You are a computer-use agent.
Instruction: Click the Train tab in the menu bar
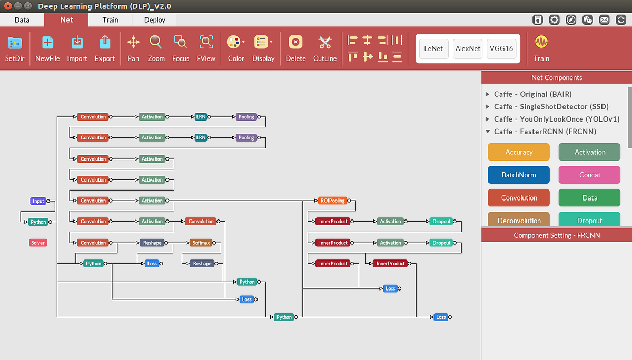(110, 20)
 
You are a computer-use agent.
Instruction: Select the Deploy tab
(154, 20)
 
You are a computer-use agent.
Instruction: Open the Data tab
(22, 20)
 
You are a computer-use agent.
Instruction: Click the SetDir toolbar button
(15, 48)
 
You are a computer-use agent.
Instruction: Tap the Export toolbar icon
(105, 48)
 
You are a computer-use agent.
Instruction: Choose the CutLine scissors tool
(325, 48)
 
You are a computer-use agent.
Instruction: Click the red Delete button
(295, 48)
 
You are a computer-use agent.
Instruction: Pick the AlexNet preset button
(468, 48)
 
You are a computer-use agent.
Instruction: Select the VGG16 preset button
(501, 48)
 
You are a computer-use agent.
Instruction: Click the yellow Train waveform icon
(541, 48)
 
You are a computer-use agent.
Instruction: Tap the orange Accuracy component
(519, 152)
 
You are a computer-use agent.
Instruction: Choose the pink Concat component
(589, 175)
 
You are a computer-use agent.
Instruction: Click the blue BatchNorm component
(519, 175)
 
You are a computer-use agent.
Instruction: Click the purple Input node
(38, 201)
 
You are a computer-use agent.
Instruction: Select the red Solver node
(38, 243)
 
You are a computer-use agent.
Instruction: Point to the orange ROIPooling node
(333, 201)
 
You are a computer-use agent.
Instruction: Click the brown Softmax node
(201, 243)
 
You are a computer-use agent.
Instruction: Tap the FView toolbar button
(206, 48)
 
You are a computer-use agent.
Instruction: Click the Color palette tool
(235, 48)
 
